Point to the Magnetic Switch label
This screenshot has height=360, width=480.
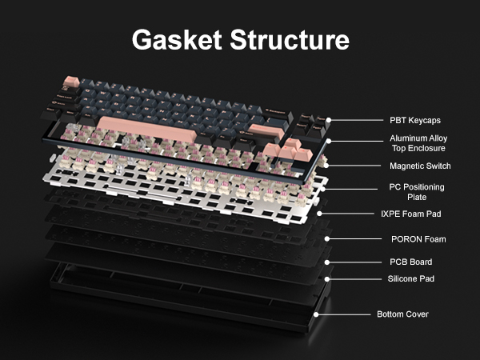click(x=420, y=166)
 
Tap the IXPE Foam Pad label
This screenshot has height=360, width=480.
click(x=411, y=214)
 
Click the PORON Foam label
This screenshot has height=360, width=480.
click(x=418, y=239)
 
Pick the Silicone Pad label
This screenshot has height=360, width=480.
click(x=411, y=279)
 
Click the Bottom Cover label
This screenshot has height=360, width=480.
click(x=402, y=314)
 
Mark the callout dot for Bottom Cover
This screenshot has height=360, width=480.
click(x=317, y=314)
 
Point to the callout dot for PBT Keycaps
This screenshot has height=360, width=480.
click(x=328, y=121)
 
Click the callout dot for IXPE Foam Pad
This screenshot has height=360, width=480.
click(x=319, y=214)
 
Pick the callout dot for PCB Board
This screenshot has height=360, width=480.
click(x=326, y=262)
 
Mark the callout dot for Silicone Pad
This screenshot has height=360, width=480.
click(x=326, y=279)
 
